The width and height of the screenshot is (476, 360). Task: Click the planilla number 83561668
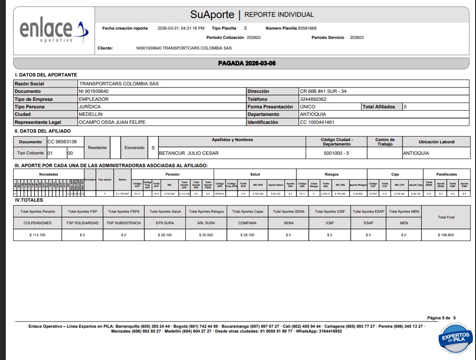coord(307,28)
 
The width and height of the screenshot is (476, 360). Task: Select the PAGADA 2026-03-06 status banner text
coord(247,63)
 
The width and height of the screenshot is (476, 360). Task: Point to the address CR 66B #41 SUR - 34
coord(323,92)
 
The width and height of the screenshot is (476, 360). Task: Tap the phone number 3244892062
coord(313,99)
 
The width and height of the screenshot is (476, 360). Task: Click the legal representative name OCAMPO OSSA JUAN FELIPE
coord(112,122)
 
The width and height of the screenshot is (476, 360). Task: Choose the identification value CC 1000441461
coord(317,122)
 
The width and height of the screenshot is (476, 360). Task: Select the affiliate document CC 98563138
coord(65,142)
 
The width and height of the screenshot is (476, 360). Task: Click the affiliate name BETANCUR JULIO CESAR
coord(189,153)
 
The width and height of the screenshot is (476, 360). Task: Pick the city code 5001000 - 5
coord(336,153)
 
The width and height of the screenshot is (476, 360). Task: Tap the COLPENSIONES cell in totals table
coord(38,223)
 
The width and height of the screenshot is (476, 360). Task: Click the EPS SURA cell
coord(165,223)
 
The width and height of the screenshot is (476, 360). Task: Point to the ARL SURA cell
coord(206,223)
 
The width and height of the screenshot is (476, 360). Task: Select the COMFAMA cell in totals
coord(247,223)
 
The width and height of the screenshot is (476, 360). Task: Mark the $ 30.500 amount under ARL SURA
coord(206,235)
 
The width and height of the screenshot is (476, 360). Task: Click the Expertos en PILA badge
coord(455,338)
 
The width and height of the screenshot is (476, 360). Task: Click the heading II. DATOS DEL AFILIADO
coord(42,131)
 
